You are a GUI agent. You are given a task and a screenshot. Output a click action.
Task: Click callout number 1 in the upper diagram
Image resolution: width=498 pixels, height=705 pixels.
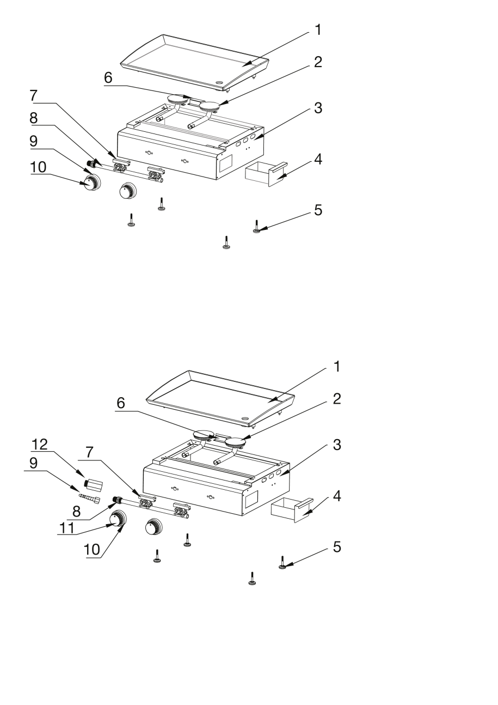318,30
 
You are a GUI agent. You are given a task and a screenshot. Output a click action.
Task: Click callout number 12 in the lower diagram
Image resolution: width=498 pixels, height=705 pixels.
40,444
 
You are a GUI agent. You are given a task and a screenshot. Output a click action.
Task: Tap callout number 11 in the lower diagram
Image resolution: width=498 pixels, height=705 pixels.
67,528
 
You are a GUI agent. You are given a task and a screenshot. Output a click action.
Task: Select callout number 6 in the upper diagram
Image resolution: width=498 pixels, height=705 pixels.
108,77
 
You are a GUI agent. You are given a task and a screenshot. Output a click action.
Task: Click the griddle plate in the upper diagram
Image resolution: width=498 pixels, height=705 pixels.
195,63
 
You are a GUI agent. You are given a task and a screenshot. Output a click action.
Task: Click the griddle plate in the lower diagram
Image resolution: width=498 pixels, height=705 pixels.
221,399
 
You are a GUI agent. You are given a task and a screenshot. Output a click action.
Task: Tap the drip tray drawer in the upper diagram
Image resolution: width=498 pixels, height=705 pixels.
266,174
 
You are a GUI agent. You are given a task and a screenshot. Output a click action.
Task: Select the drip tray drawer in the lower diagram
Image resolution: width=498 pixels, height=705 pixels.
292,510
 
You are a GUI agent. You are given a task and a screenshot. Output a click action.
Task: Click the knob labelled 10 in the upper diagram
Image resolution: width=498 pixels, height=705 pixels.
91,182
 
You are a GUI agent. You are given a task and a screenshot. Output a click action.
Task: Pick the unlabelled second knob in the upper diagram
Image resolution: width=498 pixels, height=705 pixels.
128,191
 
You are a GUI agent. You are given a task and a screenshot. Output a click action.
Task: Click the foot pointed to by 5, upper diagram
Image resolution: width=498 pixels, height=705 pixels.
256,227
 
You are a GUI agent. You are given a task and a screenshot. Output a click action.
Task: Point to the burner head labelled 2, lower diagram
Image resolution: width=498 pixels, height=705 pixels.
235,442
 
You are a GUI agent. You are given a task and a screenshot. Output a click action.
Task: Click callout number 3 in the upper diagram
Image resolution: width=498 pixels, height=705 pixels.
318,108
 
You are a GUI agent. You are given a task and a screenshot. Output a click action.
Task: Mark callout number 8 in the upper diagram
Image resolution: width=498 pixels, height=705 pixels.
34,118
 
